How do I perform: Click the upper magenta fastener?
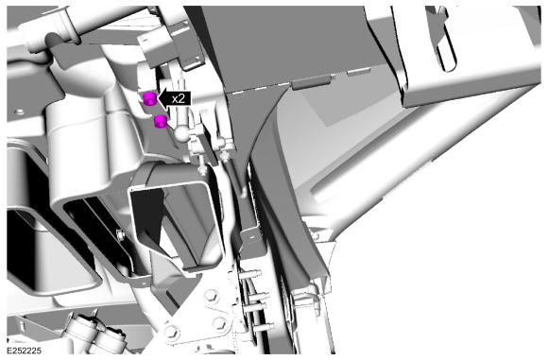150,98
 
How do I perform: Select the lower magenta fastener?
161,121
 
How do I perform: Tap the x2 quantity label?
179,99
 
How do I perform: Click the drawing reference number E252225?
25,351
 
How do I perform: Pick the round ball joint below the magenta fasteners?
182,133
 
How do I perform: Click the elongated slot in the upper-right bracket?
447,43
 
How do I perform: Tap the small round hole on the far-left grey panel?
20,111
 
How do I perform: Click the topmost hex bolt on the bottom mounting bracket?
212,295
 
